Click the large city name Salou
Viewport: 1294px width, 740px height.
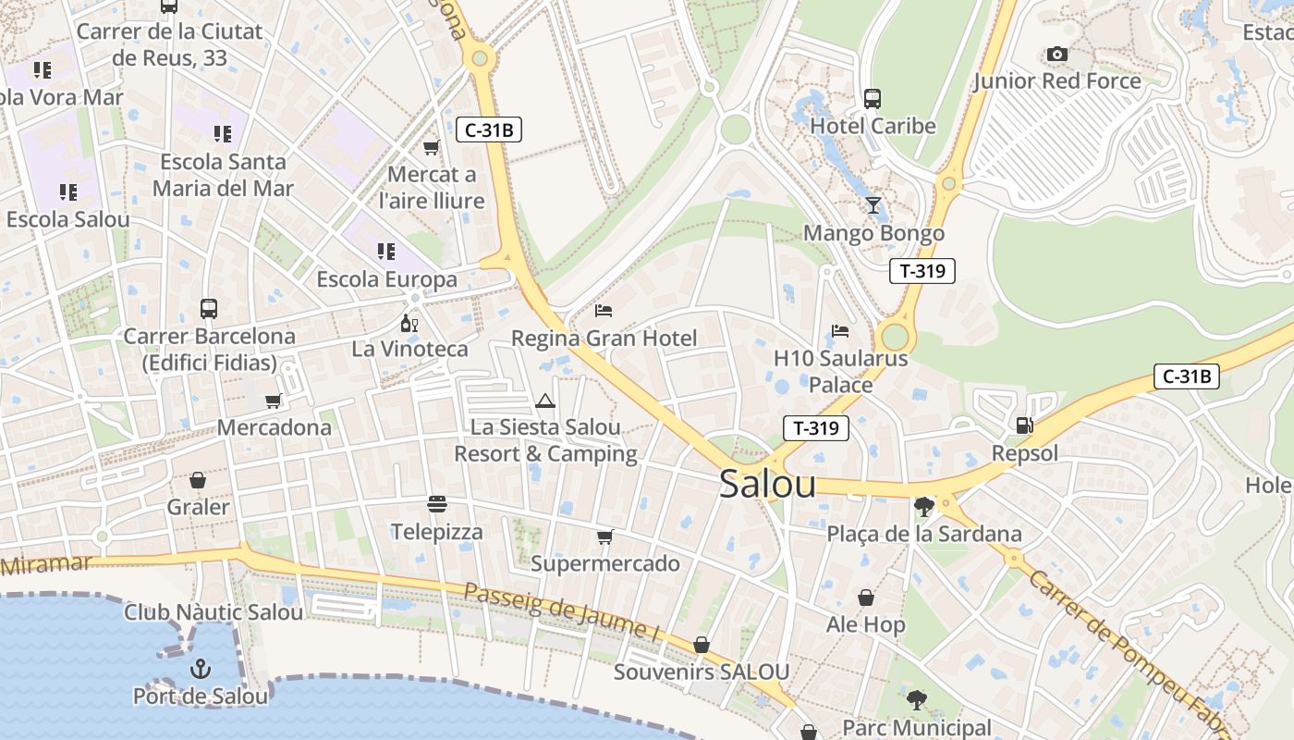pyautogui.click(x=767, y=484)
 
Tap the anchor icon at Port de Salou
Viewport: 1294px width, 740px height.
pyautogui.click(x=201, y=669)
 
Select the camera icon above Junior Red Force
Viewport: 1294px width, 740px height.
pyautogui.click(x=1057, y=55)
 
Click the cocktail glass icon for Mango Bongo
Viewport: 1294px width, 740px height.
pyautogui.click(x=873, y=205)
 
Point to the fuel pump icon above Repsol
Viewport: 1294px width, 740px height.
pyautogui.click(x=1024, y=425)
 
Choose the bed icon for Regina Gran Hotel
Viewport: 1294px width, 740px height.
pyautogui.click(x=604, y=311)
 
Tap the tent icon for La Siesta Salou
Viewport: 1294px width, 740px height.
pyautogui.click(x=545, y=401)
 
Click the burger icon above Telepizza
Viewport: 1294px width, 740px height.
pyautogui.click(x=437, y=504)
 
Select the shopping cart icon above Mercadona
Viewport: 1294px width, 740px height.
pyautogui.click(x=274, y=401)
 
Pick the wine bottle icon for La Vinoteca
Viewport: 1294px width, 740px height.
pyautogui.click(x=409, y=323)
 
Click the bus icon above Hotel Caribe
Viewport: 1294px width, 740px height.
pyautogui.click(x=873, y=98)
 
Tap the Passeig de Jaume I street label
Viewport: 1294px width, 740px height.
pyautogui.click(x=561, y=613)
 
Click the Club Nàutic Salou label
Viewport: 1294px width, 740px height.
pyautogui.click(x=214, y=612)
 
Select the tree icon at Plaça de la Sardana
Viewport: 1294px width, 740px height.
pyautogui.click(x=923, y=506)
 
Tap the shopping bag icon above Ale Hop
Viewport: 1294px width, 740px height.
pyautogui.click(x=866, y=598)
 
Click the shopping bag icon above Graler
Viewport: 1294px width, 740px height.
pyautogui.click(x=198, y=480)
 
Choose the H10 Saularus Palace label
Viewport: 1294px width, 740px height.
pyautogui.click(x=840, y=371)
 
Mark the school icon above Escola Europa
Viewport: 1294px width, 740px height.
pyautogui.click(x=386, y=252)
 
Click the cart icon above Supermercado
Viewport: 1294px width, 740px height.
pyautogui.click(x=605, y=536)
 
